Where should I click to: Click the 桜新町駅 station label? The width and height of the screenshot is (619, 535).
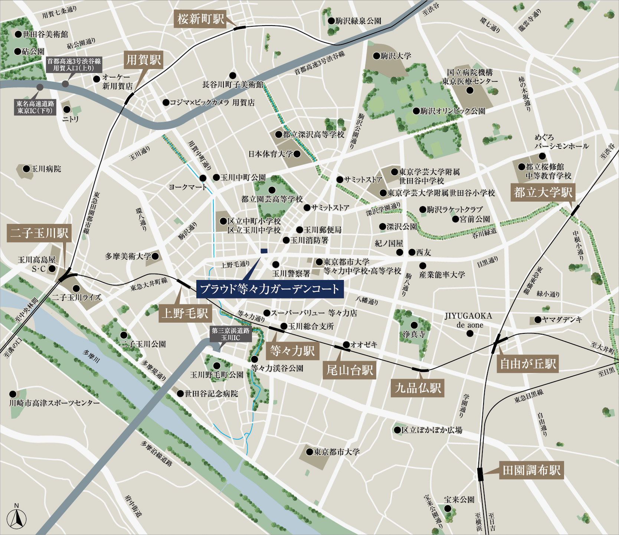pyautogui.click(x=200, y=19)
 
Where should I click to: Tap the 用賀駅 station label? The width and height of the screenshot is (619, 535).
pyautogui.click(x=144, y=60)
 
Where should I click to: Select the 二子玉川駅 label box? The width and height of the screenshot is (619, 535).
pyautogui.click(x=39, y=233)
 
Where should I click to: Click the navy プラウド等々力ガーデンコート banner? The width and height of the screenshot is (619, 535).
pyautogui.click(x=270, y=289)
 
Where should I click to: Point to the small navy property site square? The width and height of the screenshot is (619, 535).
pyautogui.click(x=264, y=251)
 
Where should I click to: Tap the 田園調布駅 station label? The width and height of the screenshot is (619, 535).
pyautogui.click(x=531, y=470)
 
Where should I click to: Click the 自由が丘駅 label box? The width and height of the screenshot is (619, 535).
pyautogui.click(x=528, y=363)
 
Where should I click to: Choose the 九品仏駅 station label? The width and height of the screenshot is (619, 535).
pyautogui.click(x=418, y=388)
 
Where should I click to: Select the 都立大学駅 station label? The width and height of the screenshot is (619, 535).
pyautogui.click(x=543, y=192)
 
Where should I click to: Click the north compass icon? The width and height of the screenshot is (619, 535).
pyautogui.click(x=17, y=517)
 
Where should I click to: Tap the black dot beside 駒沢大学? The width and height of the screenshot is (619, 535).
pyautogui.click(x=377, y=56)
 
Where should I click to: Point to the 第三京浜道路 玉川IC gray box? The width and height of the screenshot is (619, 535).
pyautogui.click(x=230, y=334)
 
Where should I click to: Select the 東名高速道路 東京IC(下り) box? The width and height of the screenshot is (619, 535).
pyautogui.click(x=35, y=107)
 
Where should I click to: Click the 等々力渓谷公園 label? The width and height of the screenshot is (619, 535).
pyautogui.click(x=277, y=368)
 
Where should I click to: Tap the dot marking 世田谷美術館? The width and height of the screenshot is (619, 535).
pyautogui.click(x=18, y=34)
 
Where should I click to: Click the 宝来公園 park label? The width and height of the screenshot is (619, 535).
pyautogui.click(x=459, y=500)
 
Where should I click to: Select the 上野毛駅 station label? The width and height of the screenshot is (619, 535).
pyautogui.click(x=185, y=313)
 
